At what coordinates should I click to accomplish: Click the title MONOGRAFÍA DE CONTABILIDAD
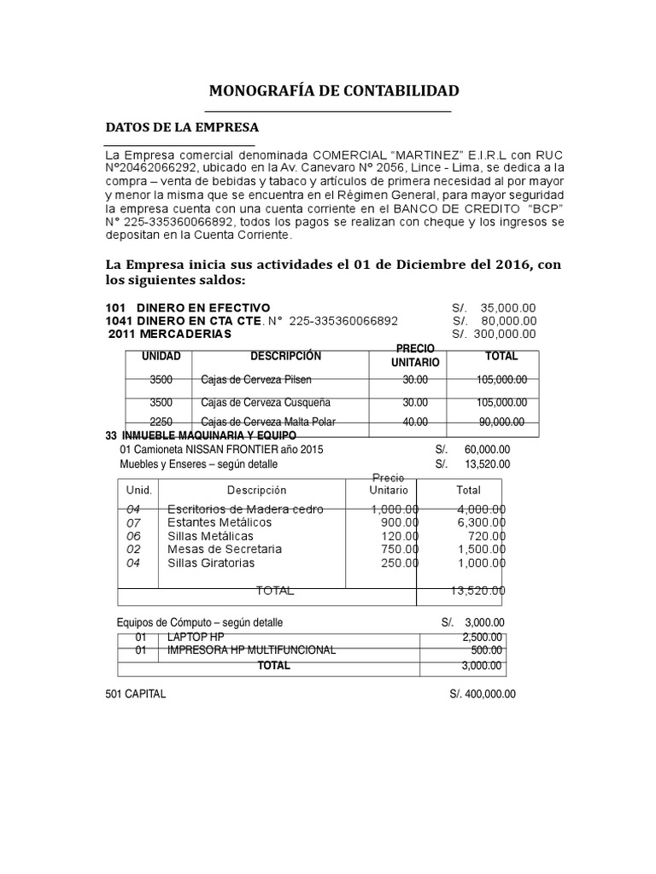click(x=334, y=91)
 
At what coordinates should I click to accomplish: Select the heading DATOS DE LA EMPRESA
click(x=181, y=127)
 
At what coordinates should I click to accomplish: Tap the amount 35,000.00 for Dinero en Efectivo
click(x=508, y=307)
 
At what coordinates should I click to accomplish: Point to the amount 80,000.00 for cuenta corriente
click(x=508, y=321)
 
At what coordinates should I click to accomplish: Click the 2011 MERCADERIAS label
click(x=170, y=334)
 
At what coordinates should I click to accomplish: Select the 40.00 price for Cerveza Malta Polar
click(x=415, y=422)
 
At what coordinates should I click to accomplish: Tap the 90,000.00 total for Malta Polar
click(x=502, y=422)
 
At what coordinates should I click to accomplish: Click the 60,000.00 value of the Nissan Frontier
click(x=487, y=449)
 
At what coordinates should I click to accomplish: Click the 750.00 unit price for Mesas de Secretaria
click(x=400, y=550)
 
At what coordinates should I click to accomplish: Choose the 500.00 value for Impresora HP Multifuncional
click(x=487, y=650)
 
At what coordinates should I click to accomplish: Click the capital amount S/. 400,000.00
click(x=483, y=695)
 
